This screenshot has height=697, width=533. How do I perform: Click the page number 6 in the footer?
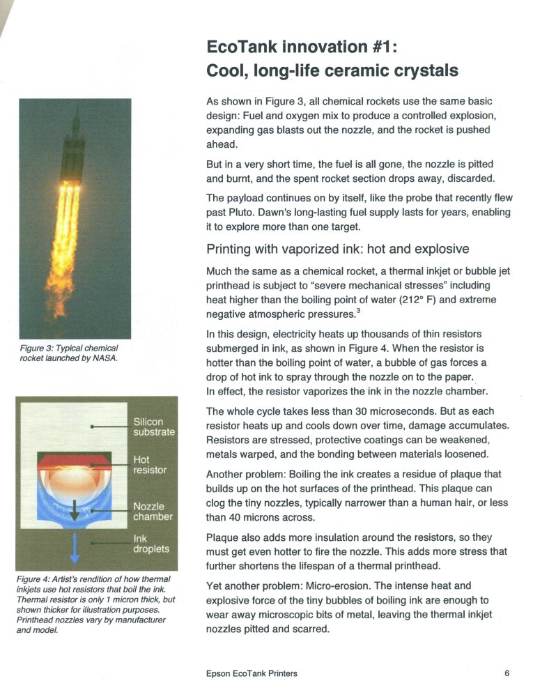[507, 673]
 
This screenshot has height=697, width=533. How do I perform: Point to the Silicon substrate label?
[153, 427]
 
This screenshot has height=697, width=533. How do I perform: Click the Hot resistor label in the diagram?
[150, 465]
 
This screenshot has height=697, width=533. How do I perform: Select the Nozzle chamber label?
[153, 512]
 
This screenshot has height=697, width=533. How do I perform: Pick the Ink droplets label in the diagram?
[151, 544]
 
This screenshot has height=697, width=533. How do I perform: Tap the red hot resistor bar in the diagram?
[73, 461]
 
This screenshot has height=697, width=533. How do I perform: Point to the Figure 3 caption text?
[68, 353]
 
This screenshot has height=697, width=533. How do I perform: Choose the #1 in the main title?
[387, 47]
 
